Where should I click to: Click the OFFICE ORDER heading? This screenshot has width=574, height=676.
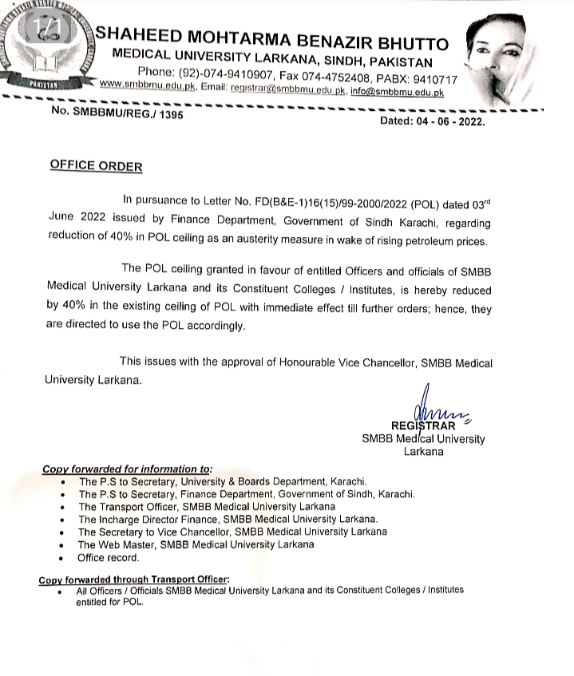[x=96, y=166]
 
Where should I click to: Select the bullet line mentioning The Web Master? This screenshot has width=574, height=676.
[x=196, y=544]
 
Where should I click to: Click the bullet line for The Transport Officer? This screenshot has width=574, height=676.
[x=206, y=507]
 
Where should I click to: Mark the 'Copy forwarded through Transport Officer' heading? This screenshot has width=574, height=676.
[x=133, y=579]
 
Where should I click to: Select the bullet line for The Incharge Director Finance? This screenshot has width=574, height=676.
[x=228, y=519]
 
